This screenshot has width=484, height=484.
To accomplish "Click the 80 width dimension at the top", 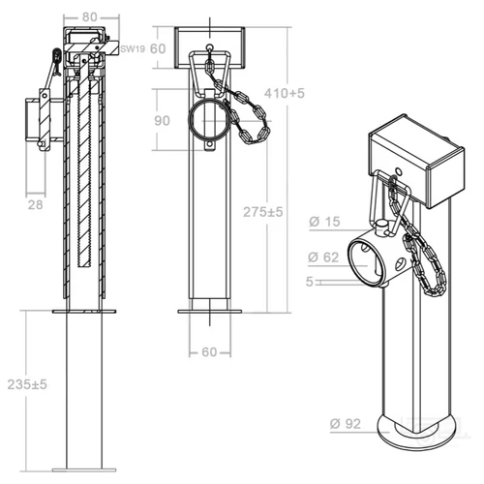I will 89,15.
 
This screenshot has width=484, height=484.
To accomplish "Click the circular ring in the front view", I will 210,121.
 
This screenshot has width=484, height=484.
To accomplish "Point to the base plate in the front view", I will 210,311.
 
